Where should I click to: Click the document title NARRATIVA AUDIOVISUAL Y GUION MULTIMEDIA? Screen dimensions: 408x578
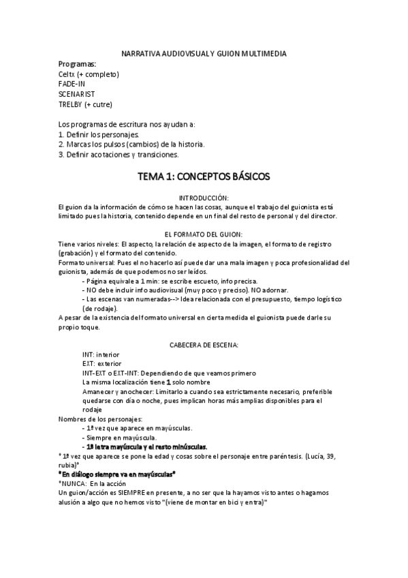coord(204,52)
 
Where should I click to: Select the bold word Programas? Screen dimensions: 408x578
coord(77,63)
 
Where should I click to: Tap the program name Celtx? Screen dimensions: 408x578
coord(68,74)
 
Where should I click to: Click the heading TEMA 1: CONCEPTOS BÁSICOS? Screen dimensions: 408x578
coord(204,177)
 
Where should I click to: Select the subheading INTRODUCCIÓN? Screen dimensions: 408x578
coord(204,196)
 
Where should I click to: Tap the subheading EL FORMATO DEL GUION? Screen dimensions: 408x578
coord(204,234)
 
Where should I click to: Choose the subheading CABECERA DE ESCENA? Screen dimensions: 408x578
coord(204,345)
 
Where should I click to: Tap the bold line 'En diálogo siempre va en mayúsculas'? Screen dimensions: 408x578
coord(117,472)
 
